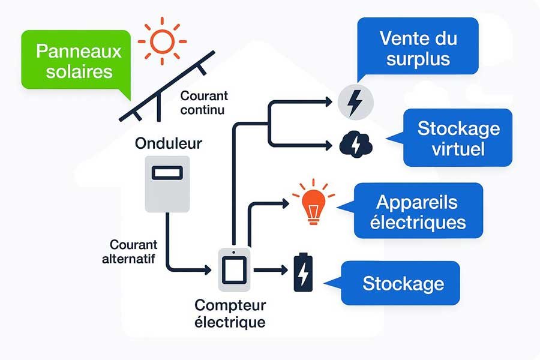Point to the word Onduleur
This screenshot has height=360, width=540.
point(169,143)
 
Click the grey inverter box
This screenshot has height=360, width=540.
point(167,184)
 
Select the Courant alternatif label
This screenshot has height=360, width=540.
point(134,251)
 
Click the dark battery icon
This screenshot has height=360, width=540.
point(303,272)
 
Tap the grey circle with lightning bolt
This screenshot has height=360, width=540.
point(355,102)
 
